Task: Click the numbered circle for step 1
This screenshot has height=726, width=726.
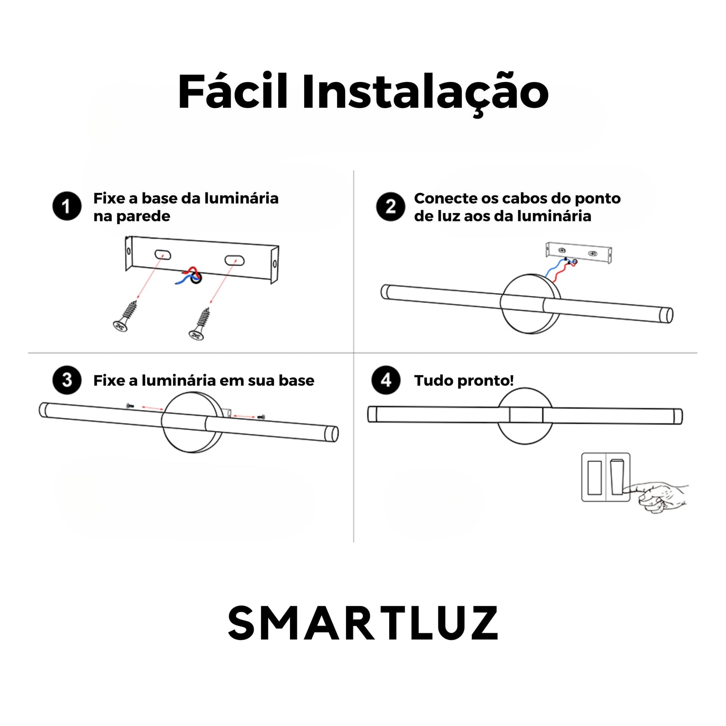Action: pos(67,206)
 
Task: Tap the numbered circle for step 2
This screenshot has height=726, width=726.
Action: pos(390,206)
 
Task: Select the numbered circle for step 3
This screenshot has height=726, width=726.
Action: pos(67,380)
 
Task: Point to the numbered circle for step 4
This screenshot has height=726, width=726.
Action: pos(386,380)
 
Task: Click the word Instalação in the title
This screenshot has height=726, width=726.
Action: pos(426,93)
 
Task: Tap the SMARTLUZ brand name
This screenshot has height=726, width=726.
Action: pos(363,623)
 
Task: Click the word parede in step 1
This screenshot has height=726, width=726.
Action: pos(143,217)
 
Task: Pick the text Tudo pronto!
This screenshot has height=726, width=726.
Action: pos(464,380)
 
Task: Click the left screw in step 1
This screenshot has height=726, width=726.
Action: pos(126,317)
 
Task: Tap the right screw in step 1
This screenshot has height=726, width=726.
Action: pos(199,324)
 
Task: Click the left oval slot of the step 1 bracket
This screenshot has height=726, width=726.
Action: pos(163,255)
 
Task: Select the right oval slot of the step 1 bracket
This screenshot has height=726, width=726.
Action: pos(234,261)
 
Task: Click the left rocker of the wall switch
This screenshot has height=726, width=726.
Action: pos(595,478)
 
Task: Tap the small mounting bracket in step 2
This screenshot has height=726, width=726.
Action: pos(579,252)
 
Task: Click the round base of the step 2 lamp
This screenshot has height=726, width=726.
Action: pos(530,304)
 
